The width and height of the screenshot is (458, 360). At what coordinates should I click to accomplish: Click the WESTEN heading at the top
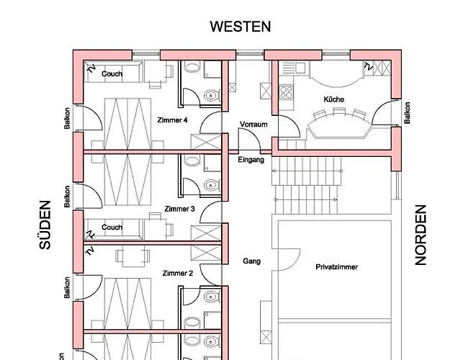point(241,27)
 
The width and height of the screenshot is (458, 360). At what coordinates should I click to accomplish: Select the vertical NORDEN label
point(421,235)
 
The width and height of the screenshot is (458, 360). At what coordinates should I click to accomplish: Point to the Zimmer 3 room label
point(179,209)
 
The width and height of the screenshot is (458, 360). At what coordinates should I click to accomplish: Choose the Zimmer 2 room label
point(178,273)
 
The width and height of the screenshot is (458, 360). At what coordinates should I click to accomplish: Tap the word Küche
point(333,99)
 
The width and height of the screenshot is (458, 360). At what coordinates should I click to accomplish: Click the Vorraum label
point(253,125)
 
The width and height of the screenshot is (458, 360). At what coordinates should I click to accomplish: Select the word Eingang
point(251,160)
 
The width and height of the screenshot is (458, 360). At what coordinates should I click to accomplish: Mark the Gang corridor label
point(251,261)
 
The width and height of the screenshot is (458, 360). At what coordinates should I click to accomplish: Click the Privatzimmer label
point(336,267)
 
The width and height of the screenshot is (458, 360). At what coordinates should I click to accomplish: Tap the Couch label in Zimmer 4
point(112,73)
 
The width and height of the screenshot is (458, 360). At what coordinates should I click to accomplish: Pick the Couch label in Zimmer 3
point(112,227)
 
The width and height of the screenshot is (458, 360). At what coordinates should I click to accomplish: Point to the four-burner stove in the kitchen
point(286,92)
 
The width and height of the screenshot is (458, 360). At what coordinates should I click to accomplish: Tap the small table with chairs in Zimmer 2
point(130,256)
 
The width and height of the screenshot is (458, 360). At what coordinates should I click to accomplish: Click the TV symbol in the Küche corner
point(369,66)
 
